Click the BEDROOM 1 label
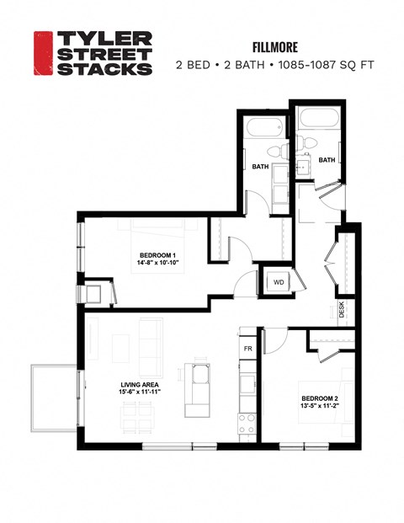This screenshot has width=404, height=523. tap(157, 255)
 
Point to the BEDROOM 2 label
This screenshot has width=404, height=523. tap(319, 398)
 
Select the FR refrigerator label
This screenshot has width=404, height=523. tap(248, 348)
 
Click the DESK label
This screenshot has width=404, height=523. tap(341, 310)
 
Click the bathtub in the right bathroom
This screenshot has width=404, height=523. tap(316, 119)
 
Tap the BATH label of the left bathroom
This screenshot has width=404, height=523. tap(260, 167)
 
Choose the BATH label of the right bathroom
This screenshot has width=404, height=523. tap(327, 160)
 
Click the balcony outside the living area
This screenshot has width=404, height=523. tap(53, 398)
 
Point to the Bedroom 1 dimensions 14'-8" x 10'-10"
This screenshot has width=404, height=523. tap(157, 264)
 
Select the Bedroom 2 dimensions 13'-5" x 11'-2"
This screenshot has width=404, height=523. tap(319, 407)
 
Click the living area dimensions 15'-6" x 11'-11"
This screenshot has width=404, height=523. tap(136, 392)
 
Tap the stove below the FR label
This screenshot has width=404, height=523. tap(247, 426)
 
